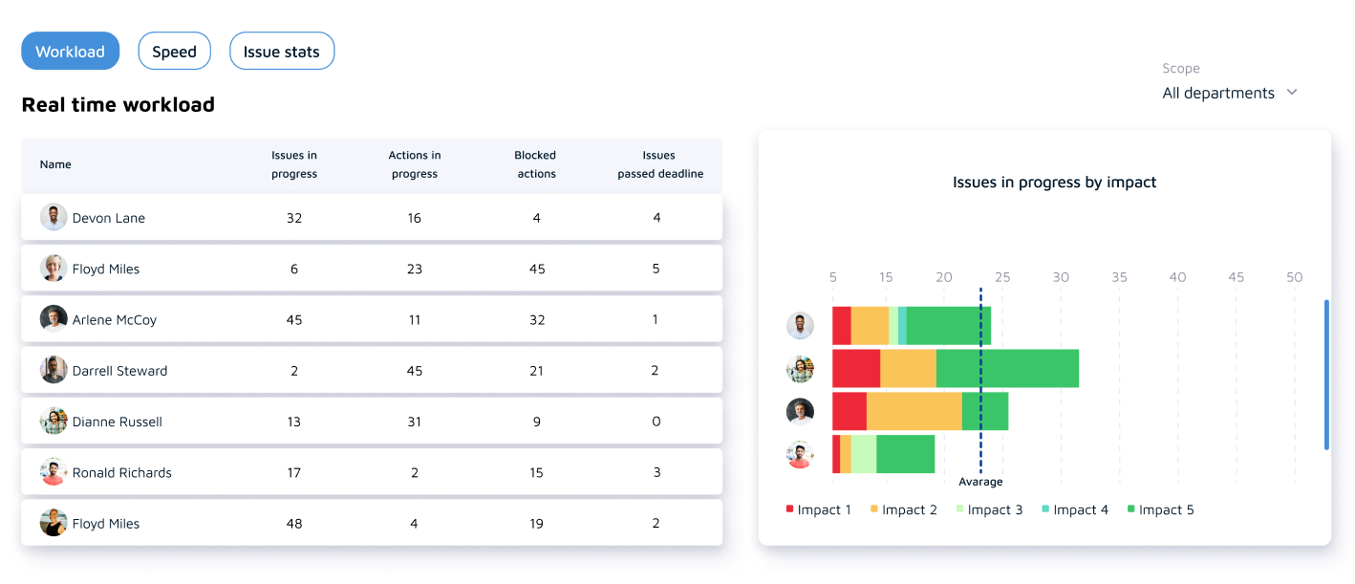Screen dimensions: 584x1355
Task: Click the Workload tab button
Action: pos(70,52)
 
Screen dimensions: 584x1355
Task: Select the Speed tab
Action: pos(174,52)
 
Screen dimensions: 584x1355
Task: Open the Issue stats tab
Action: pos(282,52)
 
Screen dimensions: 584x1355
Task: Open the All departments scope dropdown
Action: pos(1230,93)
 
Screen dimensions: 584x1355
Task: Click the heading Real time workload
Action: pos(118,105)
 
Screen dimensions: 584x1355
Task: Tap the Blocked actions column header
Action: pos(535,164)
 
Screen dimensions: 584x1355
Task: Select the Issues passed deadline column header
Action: pos(659,164)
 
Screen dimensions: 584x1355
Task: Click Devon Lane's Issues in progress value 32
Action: pos(294,218)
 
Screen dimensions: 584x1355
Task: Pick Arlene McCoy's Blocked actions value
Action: pos(537,320)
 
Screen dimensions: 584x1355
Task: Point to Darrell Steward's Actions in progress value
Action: pos(415,371)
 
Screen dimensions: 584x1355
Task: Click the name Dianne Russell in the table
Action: pos(118,422)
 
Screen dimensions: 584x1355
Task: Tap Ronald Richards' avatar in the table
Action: pos(54,472)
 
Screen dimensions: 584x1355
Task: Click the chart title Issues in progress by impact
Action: pos(1054,183)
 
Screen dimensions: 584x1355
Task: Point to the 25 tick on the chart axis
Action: pos(1002,277)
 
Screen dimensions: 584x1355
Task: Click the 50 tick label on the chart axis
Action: pos(1294,277)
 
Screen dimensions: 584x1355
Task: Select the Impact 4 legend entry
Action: pos(1075,510)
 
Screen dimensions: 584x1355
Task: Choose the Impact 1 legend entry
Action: pos(818,510)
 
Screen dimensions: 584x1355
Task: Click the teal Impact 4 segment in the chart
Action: pos(902,326)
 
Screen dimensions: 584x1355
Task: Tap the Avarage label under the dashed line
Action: pos(980,483)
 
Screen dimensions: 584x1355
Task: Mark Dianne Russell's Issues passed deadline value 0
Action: pos(656,422)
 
